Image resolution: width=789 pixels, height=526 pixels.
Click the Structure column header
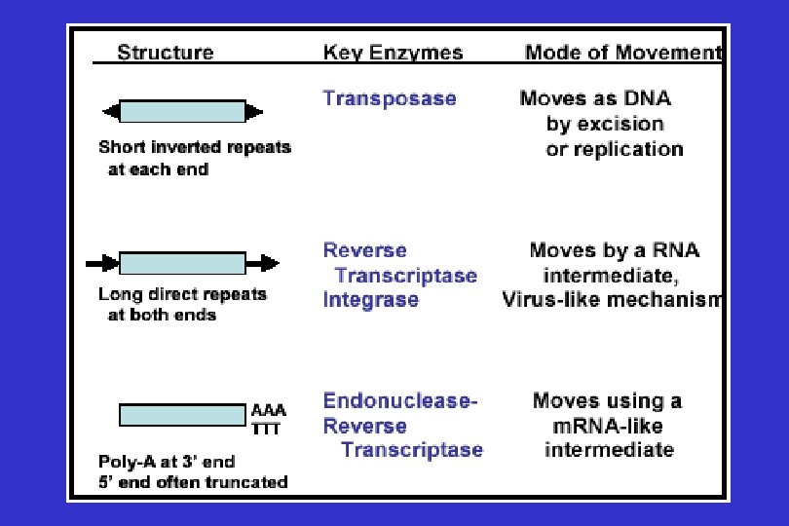click(165, 53)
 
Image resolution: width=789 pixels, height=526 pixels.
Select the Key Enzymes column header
click(393, 53)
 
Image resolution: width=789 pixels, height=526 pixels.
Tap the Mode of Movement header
click(623, 53)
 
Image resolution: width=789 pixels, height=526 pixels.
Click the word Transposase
click(390, 98)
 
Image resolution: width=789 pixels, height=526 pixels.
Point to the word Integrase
click(371, 299)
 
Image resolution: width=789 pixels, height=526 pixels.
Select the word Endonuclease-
click(400, 400)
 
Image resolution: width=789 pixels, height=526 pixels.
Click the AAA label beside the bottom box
click(269, 410)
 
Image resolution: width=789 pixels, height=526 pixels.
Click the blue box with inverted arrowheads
click(182, 111)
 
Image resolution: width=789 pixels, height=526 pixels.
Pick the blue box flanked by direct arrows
click(182, 263)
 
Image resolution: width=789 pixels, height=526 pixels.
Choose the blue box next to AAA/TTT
click(182, 415)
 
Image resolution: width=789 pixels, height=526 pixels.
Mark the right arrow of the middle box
click(263, 263)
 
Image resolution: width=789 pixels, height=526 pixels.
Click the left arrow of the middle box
click(101, 263)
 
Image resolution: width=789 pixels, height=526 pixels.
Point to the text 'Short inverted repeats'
click(195, 148)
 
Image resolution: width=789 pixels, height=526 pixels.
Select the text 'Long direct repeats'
click(182, 294)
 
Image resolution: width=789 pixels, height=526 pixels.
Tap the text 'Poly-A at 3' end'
click(167, 461)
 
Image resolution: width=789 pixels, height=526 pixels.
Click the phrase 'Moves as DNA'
click(595, 98)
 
